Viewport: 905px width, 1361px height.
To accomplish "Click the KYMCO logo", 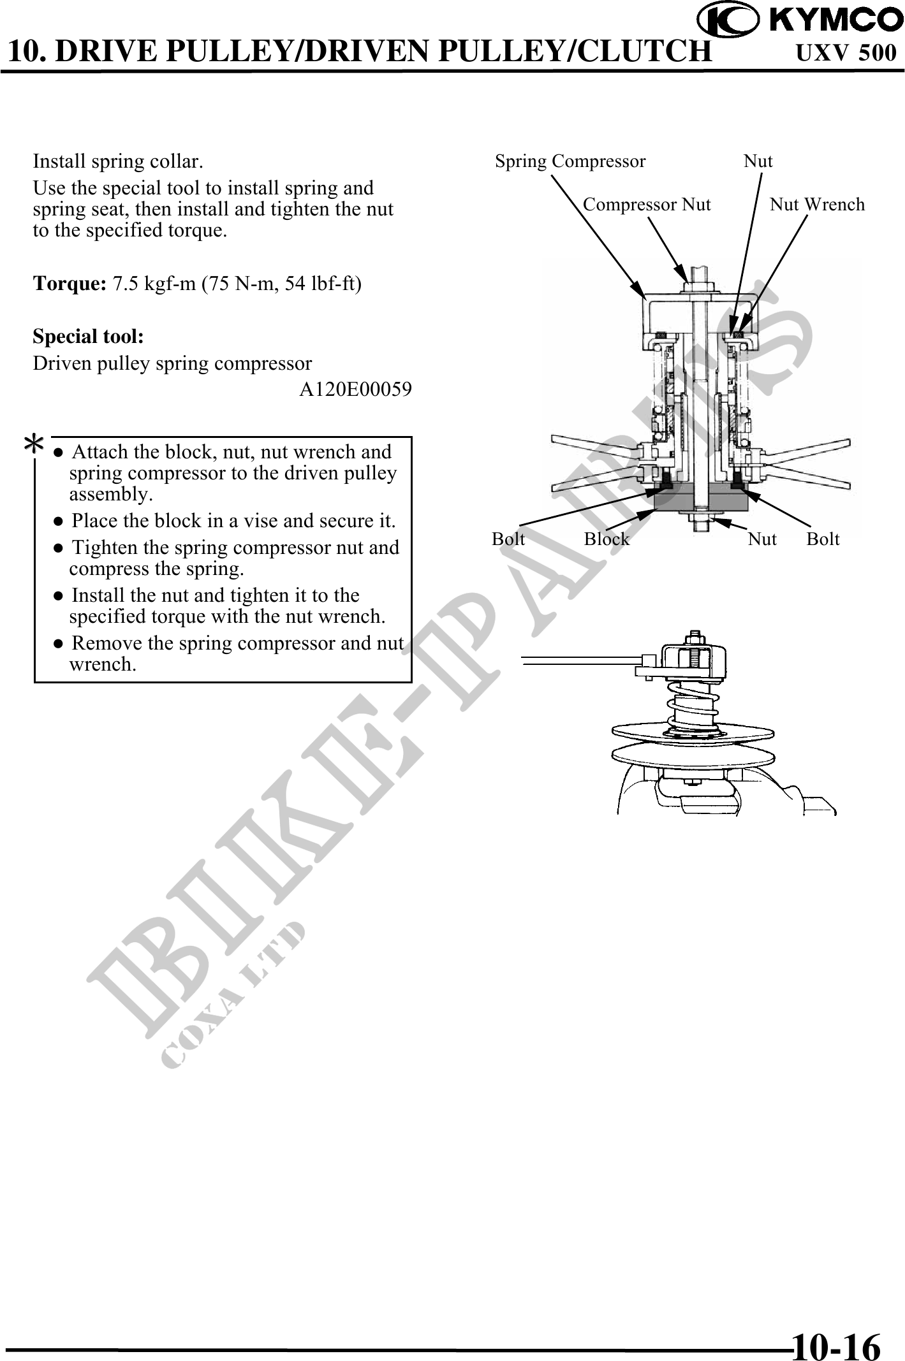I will tap(800, 21).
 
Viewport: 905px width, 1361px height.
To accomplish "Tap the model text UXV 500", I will tap(846, 53).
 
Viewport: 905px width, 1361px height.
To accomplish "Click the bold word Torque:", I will tap(70, 284).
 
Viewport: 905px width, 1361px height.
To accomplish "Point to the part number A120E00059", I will tap(355, 389).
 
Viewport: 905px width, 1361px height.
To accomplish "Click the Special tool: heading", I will tap(88, 336).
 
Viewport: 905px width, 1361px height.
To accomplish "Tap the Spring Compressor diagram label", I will tap(570, 161).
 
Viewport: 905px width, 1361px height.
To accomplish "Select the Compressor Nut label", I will tap(647, 205).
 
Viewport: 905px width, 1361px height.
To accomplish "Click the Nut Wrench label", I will tap(817, 205).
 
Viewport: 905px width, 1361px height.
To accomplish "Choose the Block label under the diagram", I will tap(607, 539).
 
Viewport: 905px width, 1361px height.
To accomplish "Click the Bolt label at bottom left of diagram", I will tap(508, 539).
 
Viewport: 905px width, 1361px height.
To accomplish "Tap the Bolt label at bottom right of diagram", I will tap(823, 539).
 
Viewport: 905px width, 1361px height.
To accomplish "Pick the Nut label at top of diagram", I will tap(758, 161).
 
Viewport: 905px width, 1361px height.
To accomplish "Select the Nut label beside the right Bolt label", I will tap(762, 539).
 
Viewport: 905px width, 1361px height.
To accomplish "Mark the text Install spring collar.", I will tap(118, 161).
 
